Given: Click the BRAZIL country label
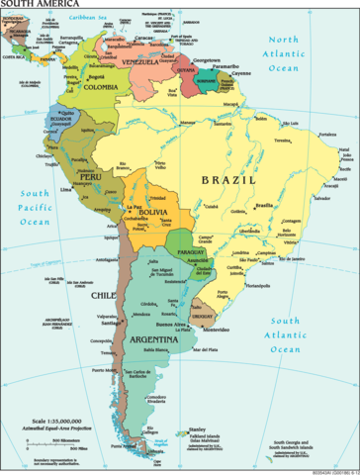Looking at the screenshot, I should coord(228,180).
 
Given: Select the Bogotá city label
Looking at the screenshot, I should coord(96,75).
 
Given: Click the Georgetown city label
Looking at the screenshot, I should coord(207,59).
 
